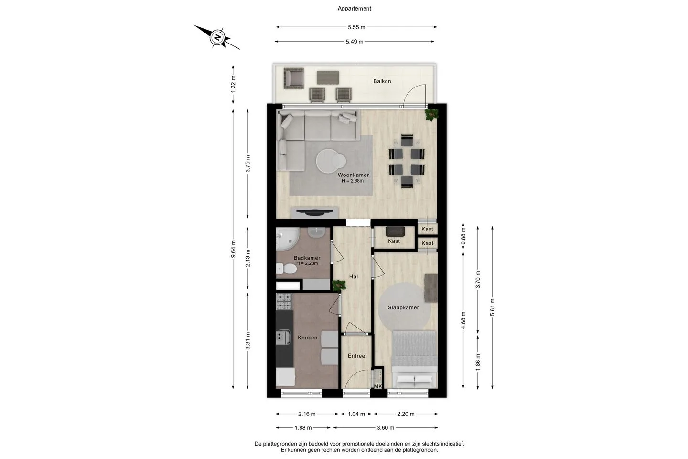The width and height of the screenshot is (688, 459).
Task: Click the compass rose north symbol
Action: pos(218,37)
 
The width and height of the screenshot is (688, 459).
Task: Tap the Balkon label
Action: pos(382,81)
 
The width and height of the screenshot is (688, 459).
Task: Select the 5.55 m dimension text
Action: pos(356,27)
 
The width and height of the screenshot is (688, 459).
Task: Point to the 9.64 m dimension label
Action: pos(233,249)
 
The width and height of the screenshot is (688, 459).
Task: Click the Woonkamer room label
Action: pos(353,175)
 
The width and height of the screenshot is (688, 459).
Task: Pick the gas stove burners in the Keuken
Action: pos(284,301)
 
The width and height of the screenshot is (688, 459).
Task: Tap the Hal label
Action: pos(354,276)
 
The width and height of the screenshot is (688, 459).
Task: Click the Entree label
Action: pos(356,356)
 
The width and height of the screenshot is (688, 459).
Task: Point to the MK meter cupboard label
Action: pos(378,386)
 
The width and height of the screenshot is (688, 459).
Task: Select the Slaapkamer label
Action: pos(403,307)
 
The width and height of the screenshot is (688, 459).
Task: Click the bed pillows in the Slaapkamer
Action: pos(415,381)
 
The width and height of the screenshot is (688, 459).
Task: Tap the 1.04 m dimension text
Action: pos(356,414)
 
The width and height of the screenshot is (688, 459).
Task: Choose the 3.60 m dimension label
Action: pos(386,427)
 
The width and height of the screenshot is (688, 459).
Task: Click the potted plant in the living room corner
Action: pos(431,115)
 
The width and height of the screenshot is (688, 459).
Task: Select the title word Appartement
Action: pos(354,9)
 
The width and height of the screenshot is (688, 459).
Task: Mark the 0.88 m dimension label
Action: pos(463,236)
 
